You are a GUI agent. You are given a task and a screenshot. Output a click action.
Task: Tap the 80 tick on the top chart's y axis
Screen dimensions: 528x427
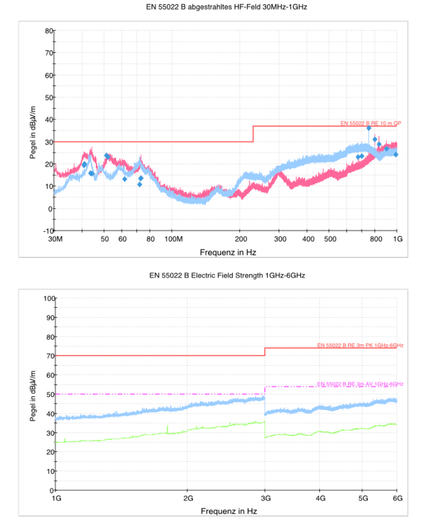(x=48, y=30)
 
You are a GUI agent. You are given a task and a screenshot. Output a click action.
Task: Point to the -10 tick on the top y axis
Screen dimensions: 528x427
(x=47, y=230)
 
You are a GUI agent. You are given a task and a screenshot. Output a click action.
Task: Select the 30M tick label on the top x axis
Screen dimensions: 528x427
(x=56, y=239)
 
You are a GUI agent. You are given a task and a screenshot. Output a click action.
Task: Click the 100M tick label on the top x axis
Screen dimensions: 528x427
(x=173, y=239)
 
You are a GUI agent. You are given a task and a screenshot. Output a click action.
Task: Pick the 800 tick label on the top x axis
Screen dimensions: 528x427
(x=375, y=239)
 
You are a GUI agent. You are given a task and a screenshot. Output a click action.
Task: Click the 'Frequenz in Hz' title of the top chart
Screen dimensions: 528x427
(x=228, y=252)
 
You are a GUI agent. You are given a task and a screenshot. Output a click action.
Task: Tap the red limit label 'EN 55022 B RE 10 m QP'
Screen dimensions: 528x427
(x=371, y=123)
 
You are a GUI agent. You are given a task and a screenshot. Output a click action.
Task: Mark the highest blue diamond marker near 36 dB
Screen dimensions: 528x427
(x=369, y=128)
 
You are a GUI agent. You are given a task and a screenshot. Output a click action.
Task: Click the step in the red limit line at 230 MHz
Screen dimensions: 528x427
(x=253, y=134)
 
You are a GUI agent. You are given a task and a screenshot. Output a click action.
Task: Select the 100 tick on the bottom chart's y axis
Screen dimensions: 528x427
(x=49, y=298)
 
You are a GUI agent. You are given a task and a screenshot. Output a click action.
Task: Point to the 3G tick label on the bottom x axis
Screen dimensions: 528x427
(x=265, y=499)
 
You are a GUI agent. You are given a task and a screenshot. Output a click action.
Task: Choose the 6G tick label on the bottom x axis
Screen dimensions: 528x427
(x=397, y=499)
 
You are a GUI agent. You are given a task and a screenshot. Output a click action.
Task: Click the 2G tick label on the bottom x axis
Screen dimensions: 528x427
(x=187, y=499)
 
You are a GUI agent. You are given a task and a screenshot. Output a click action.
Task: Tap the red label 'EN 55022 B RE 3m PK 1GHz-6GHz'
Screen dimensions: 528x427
(x=360, y=345)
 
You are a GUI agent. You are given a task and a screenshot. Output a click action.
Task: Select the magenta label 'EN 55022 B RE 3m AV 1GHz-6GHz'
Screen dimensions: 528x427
(x=360, y=384)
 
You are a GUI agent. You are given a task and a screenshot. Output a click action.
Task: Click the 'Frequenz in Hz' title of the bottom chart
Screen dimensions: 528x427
(x=228, y=511)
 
